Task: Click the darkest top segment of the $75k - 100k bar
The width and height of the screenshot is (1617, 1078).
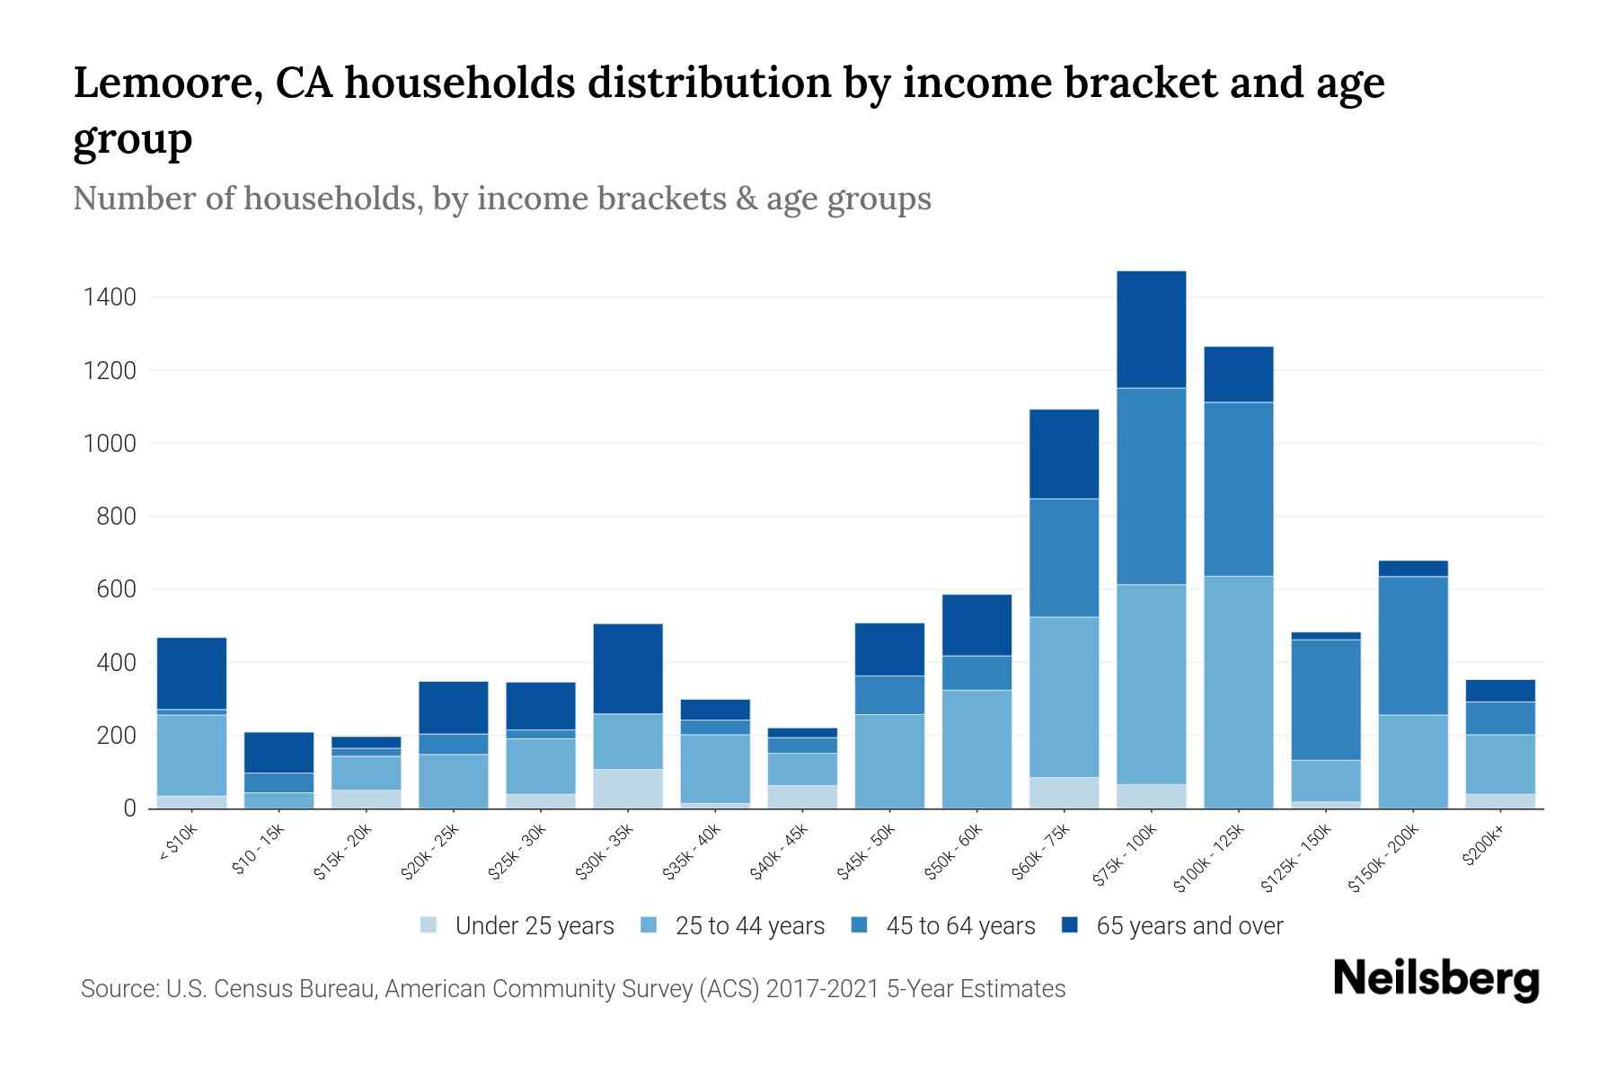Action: coord(1151,329)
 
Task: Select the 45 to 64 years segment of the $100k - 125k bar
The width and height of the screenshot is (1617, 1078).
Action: coord(1238,489)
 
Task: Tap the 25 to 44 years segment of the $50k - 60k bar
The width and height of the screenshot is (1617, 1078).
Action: coord(976,748)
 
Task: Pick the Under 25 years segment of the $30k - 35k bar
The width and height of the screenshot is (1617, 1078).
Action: coord(628,789)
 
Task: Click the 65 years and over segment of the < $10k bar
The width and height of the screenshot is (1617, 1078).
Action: coord(191,673)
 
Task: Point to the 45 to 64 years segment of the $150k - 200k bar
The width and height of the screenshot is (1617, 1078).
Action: coord(1412,645)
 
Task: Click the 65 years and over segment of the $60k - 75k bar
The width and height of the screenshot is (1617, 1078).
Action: coord(1064,454)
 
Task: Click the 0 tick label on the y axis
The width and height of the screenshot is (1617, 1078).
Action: coord(130,808)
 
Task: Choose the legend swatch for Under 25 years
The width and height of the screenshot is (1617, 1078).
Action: coord(429,924)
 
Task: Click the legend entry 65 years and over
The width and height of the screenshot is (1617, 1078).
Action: coord(1188,925)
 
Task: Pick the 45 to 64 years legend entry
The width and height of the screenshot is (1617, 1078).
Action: coord(959,925)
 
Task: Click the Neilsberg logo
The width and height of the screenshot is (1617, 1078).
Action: coord(1436,979)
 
